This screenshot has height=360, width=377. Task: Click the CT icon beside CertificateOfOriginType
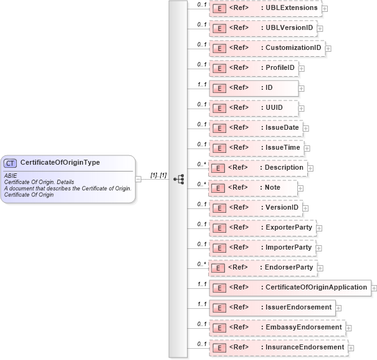tap(11, 163)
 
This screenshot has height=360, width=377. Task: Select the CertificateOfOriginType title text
tap(60, 163)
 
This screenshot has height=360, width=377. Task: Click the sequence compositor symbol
tap(179, 178)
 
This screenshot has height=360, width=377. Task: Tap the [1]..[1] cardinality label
tap(158, 175)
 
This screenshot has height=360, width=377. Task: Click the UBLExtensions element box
tap(265, 8)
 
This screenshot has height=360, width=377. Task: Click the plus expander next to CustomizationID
tap(328, 49)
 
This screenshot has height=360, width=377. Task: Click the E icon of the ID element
tap(219, 88)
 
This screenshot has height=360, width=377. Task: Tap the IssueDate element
tap(256, 128)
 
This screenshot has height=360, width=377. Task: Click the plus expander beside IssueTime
tap(307, 148)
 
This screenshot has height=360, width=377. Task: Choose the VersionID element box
tap(256, 208)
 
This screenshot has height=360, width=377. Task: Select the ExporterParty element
tap(262, 228)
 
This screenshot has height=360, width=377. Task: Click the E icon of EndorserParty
tap(217, 268)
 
